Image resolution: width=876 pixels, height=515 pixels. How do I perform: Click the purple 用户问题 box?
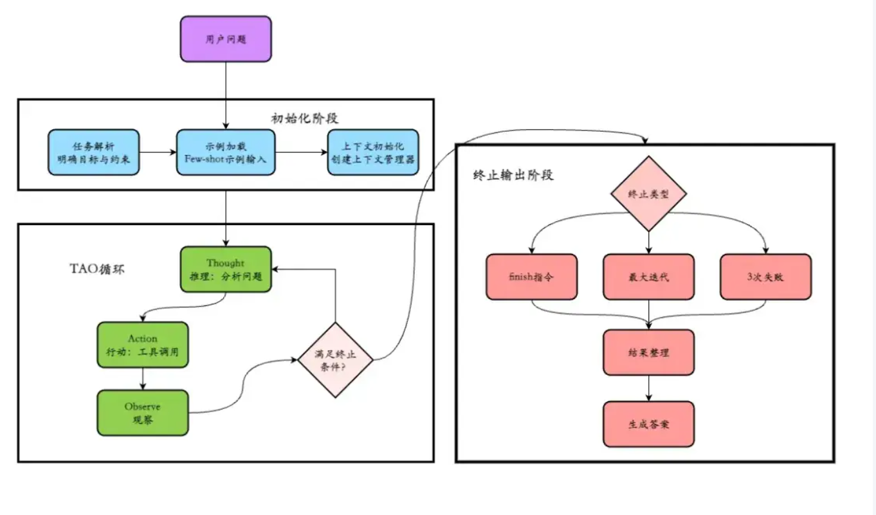tap(226, 39)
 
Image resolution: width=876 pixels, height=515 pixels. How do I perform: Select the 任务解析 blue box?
tap(93, 152)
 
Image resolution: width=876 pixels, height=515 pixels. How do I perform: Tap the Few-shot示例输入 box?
tap(226, 152)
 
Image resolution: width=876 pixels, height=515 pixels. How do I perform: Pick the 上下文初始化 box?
tap(373, 152)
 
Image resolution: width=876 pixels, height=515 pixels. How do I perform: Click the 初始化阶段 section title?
tap(305, 118)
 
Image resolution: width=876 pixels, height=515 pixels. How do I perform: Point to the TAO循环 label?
tap(97, 269)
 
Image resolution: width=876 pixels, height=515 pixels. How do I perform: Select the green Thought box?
tap(226, 269)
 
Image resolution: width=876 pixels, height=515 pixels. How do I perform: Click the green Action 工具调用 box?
tap(143, 345)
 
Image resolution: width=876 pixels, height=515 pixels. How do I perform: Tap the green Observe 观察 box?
tap(143, 413)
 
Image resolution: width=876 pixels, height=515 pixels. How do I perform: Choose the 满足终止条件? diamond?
tap(336, 359)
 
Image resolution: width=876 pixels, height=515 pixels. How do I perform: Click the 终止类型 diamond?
tap(648, 194)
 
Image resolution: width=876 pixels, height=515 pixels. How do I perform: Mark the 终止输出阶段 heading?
tap(512, 175)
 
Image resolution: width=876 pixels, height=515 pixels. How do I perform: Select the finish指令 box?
tap(532, 277)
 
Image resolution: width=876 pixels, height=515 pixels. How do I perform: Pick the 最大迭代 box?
tap(648, 277)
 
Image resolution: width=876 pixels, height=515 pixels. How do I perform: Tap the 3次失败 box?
tap(765, 277)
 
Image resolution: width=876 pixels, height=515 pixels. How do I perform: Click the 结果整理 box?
tap(648, 352)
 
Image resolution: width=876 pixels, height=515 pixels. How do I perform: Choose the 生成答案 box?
tap(648, 424)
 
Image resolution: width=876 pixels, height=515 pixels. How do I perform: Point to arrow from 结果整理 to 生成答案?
tap(648, 388)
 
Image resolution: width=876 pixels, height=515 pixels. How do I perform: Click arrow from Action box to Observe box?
tap(143, 379)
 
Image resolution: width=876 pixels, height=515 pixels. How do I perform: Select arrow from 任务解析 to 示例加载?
tap(158, 152)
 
